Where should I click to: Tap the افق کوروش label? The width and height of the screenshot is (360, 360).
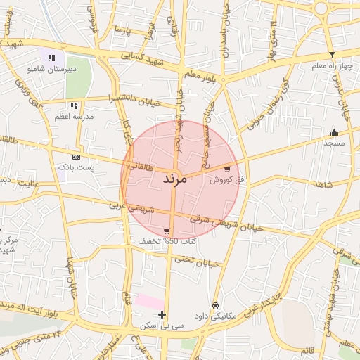point(229,180)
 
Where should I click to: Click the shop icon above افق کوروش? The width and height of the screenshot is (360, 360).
point(227,169)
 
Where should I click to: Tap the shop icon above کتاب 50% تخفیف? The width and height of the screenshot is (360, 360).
point(167,231)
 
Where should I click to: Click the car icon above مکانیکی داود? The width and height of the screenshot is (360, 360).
point(215,305)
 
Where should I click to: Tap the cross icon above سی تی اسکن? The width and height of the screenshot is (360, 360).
point(162,314)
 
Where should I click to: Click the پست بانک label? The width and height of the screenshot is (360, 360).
point(76,167)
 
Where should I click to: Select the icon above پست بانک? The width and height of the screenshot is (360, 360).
point(76,157)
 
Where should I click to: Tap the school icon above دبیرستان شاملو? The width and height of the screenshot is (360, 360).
point(51,58)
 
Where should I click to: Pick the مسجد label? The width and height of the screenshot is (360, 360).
point(334,143)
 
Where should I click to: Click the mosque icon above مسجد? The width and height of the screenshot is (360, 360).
point(334,132)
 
